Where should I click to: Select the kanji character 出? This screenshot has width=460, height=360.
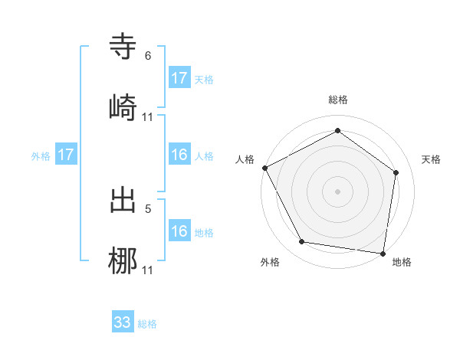click(123, 200)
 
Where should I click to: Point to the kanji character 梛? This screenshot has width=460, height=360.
click(123, 261)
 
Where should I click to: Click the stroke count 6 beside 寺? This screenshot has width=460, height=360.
click(148, 56)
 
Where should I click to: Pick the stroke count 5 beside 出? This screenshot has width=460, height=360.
click(148, 208)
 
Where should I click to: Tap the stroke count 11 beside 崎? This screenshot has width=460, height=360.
click(148, 117)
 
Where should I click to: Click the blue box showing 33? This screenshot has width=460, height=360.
click(123, 322)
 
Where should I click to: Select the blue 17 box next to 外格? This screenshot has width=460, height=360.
click(66, 155)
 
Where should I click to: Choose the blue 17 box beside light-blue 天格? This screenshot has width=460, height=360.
click(179, 78)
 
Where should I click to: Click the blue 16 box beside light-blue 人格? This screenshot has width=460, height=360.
click(179, 155)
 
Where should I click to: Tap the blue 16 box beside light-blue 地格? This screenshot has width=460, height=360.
click(179, 231)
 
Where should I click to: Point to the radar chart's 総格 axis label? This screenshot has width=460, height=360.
click(338, 100)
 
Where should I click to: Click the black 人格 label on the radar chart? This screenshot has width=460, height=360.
click(245, 159)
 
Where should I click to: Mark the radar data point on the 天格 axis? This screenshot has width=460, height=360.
click(396, 172)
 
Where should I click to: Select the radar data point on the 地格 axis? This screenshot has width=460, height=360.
click(383, 253)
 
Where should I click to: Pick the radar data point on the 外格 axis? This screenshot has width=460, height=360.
click(302, 242)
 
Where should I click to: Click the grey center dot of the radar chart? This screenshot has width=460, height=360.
click(338, 191)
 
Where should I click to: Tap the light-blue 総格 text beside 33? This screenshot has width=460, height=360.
click(147, 324)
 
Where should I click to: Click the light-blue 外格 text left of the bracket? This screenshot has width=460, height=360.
click(41, 155)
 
